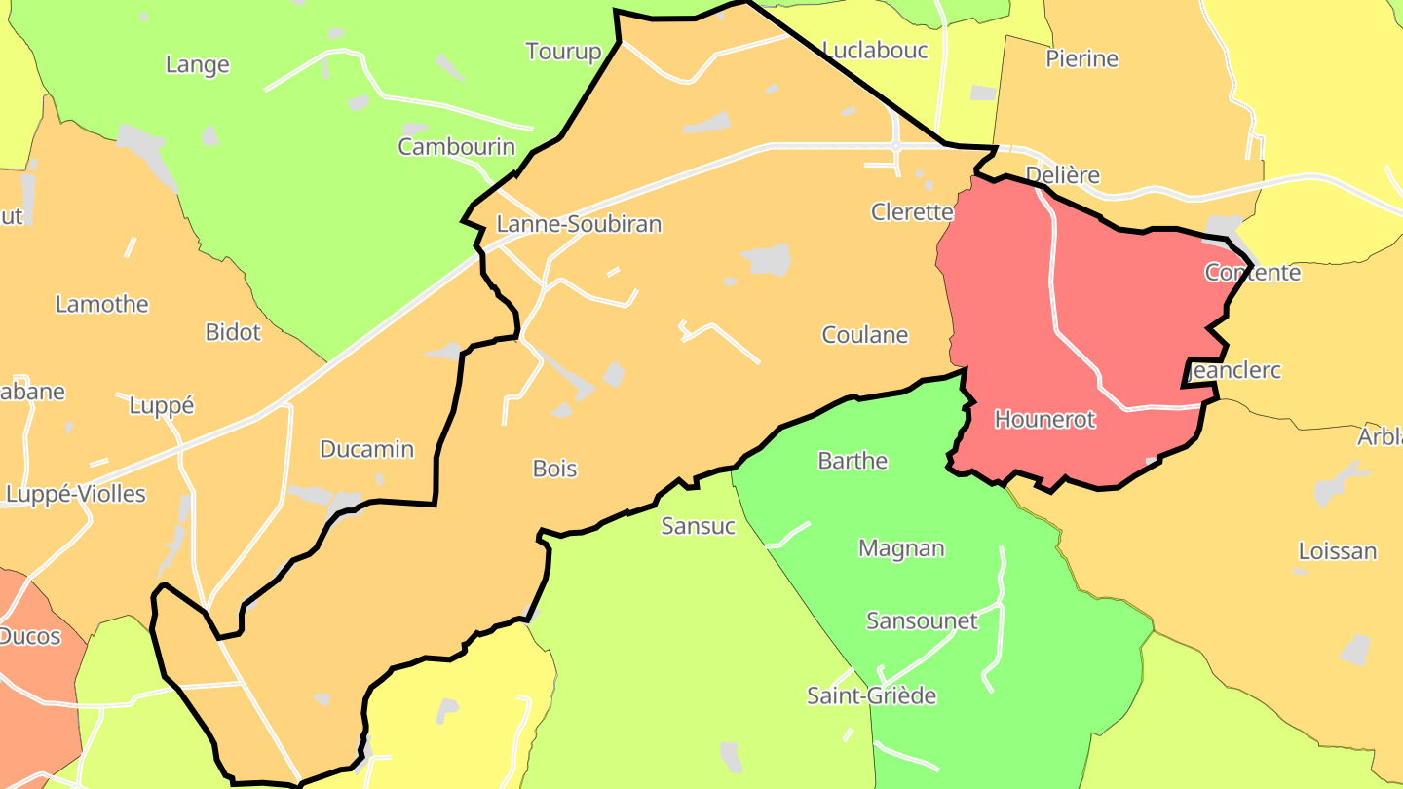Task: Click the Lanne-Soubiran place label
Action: [579, 224]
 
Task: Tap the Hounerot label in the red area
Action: [1044, 420]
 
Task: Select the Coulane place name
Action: [865, 335]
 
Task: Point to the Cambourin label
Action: [456, 147]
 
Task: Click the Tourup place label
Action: [563, 52]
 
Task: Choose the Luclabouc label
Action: [875, 50]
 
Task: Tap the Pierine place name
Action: [1081, 58]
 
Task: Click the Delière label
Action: [1062, 175]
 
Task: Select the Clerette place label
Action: [911, 211]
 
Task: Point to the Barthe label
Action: [853, 461]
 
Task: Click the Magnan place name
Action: [901, 548]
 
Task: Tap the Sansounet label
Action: [922, 620]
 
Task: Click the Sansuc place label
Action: [698, 526]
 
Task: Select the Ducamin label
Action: [367, 449]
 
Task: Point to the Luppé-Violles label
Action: [76, 494]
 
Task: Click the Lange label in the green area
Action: [198, 65]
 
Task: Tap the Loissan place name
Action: [1337, 551]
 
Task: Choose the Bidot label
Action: [233, 332]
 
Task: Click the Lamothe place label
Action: [102, 304]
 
